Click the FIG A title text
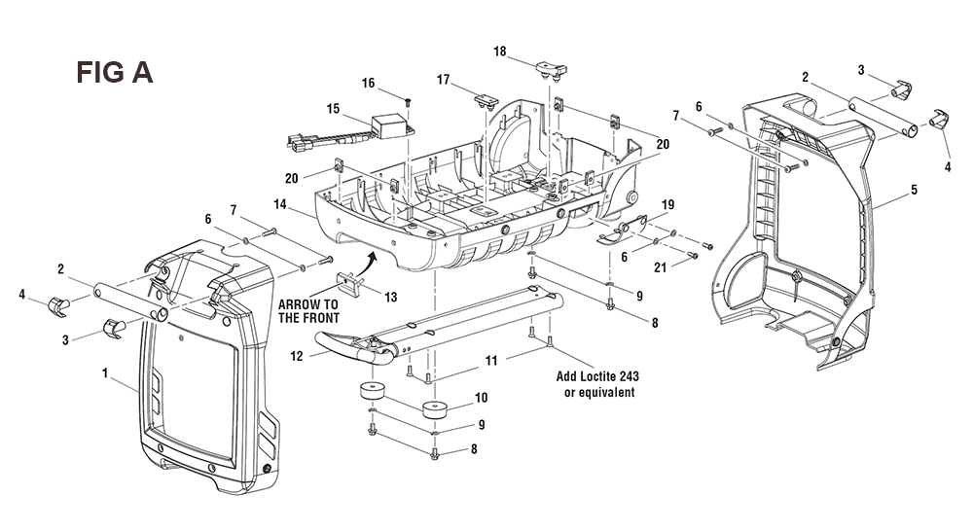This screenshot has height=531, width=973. (114, 72)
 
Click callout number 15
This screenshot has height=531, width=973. (333, 109)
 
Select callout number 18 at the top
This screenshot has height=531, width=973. (500, 52)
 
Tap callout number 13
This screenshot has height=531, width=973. (391, 298)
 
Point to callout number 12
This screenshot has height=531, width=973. (297, 356)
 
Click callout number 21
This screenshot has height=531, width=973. (661, 267)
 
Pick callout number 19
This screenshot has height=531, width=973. (667, 204)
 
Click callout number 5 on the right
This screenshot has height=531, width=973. (914, 190)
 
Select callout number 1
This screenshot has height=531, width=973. (105, 372)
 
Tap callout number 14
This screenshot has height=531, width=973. (280, 203)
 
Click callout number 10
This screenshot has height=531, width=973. (482, 398)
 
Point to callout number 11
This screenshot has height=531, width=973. (491, 361)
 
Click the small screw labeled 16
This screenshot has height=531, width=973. (409, 101)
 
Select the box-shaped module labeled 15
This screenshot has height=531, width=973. (388, 126)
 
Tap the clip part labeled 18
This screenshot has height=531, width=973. (551, 69)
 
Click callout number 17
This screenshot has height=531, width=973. (443, 80)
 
